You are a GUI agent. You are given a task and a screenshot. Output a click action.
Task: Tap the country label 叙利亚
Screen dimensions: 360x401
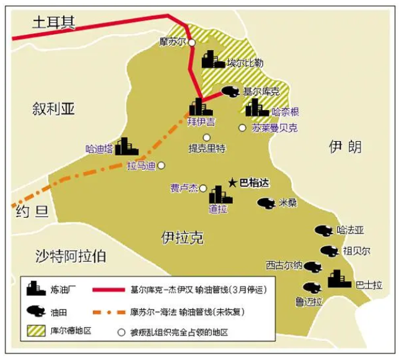(54, 109)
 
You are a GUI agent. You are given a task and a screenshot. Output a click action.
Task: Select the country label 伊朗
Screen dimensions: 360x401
(345, 147)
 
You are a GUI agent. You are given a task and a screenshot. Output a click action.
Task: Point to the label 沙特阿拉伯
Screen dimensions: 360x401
(71, 256)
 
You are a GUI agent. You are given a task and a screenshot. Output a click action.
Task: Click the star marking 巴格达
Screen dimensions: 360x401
(233, 182)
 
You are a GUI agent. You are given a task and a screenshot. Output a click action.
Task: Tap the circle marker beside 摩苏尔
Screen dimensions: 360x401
(192, 42)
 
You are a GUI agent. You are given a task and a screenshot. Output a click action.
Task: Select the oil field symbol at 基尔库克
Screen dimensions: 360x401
(230, 92)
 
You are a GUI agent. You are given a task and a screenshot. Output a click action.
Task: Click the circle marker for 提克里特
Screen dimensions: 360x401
(206, 137)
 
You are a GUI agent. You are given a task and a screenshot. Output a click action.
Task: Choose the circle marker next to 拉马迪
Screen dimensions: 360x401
(161, 166)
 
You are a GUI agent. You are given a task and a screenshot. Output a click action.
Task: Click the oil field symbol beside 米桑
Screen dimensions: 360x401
(266, 203)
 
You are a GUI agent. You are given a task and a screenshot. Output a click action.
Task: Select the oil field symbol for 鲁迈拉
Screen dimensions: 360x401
(312, 288)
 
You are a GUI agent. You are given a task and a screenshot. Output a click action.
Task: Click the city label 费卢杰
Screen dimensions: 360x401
(184, 188)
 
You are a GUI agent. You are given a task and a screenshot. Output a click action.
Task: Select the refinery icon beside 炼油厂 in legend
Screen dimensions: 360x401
(35, 289)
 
